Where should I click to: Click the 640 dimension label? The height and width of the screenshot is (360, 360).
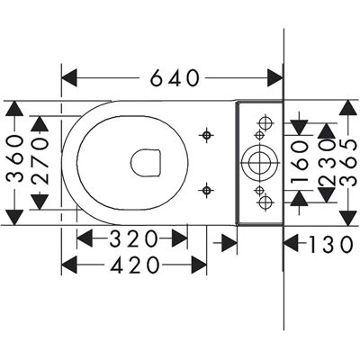(175, 78)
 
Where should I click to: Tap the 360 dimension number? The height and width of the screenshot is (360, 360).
(15, 158)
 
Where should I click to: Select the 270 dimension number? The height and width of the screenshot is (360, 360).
(40, 161)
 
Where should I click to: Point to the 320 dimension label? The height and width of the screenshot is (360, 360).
(133, 238)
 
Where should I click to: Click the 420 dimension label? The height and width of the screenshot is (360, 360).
(135, 265)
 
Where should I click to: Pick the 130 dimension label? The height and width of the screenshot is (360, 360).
(331, 244)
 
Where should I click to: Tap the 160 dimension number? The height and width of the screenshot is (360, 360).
(300, 162)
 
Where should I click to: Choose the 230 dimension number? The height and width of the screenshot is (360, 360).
(327, 163)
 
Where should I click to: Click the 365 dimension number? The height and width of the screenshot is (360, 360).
(349, 163)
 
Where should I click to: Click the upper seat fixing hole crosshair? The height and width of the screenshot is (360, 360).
(206, 135)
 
